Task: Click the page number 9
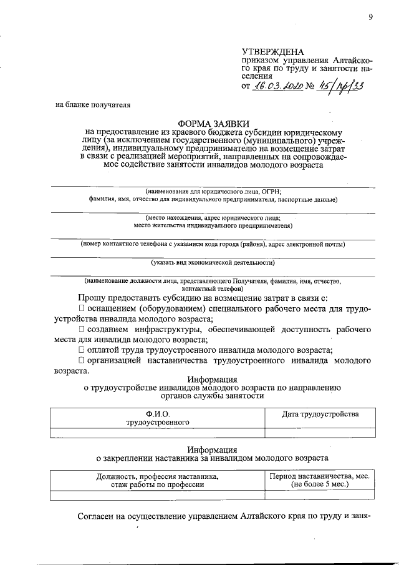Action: pyautogui.click(x=370, y=17)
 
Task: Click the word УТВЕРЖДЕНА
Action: pyautogui.click(x=273, y=51)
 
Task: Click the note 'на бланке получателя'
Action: pyautogui.click(x=93, y=105)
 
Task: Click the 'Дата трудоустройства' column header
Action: pyautogui.click(x=320, y=415)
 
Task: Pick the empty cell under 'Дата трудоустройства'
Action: pyautogui.click(x=320, y=432)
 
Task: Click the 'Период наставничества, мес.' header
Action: pyautogui.click(x=320, y=476)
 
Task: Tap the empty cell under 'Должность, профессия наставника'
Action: pyautogui.click(x=157, y=496)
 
